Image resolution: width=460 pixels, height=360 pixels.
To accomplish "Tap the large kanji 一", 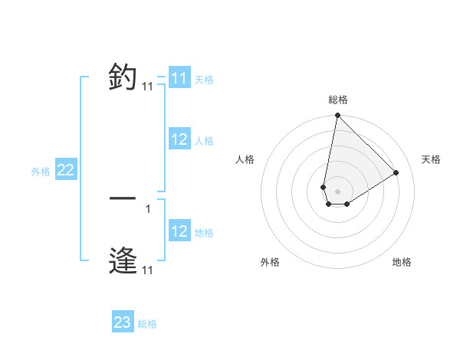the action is pos(123,198).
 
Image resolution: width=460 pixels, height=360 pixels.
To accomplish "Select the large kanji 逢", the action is pos(123,260).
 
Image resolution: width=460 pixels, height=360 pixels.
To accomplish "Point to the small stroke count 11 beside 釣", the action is pos(147,87).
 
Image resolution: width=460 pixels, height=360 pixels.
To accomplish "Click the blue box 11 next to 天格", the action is pos(179,78).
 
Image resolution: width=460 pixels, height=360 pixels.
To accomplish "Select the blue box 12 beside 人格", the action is pos(179,139).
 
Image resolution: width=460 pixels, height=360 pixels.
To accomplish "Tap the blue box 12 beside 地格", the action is pos(179,231).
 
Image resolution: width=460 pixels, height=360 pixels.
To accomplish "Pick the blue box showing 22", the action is pos(65,170).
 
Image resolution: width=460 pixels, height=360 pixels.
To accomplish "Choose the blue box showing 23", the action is pos(122,322).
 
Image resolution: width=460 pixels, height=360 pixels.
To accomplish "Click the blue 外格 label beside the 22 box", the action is pos(41,172).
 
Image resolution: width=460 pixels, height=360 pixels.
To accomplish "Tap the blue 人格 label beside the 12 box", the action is pos(204,141).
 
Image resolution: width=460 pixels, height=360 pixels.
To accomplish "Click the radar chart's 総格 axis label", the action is pos(337,100).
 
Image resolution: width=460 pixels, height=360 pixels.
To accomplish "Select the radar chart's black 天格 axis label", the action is pos(431,159).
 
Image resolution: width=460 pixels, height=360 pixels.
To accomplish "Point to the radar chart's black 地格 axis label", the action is pos(402,263).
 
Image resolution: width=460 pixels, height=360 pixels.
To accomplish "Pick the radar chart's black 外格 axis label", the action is pos(270,263).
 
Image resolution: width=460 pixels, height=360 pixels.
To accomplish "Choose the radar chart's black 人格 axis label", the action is pos(245,159).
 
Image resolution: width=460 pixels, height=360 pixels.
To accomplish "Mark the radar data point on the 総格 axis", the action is pos(337,116).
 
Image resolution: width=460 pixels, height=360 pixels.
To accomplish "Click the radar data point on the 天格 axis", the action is pos(396,172).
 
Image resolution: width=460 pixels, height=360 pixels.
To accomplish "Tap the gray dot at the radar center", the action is pos(337,191).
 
